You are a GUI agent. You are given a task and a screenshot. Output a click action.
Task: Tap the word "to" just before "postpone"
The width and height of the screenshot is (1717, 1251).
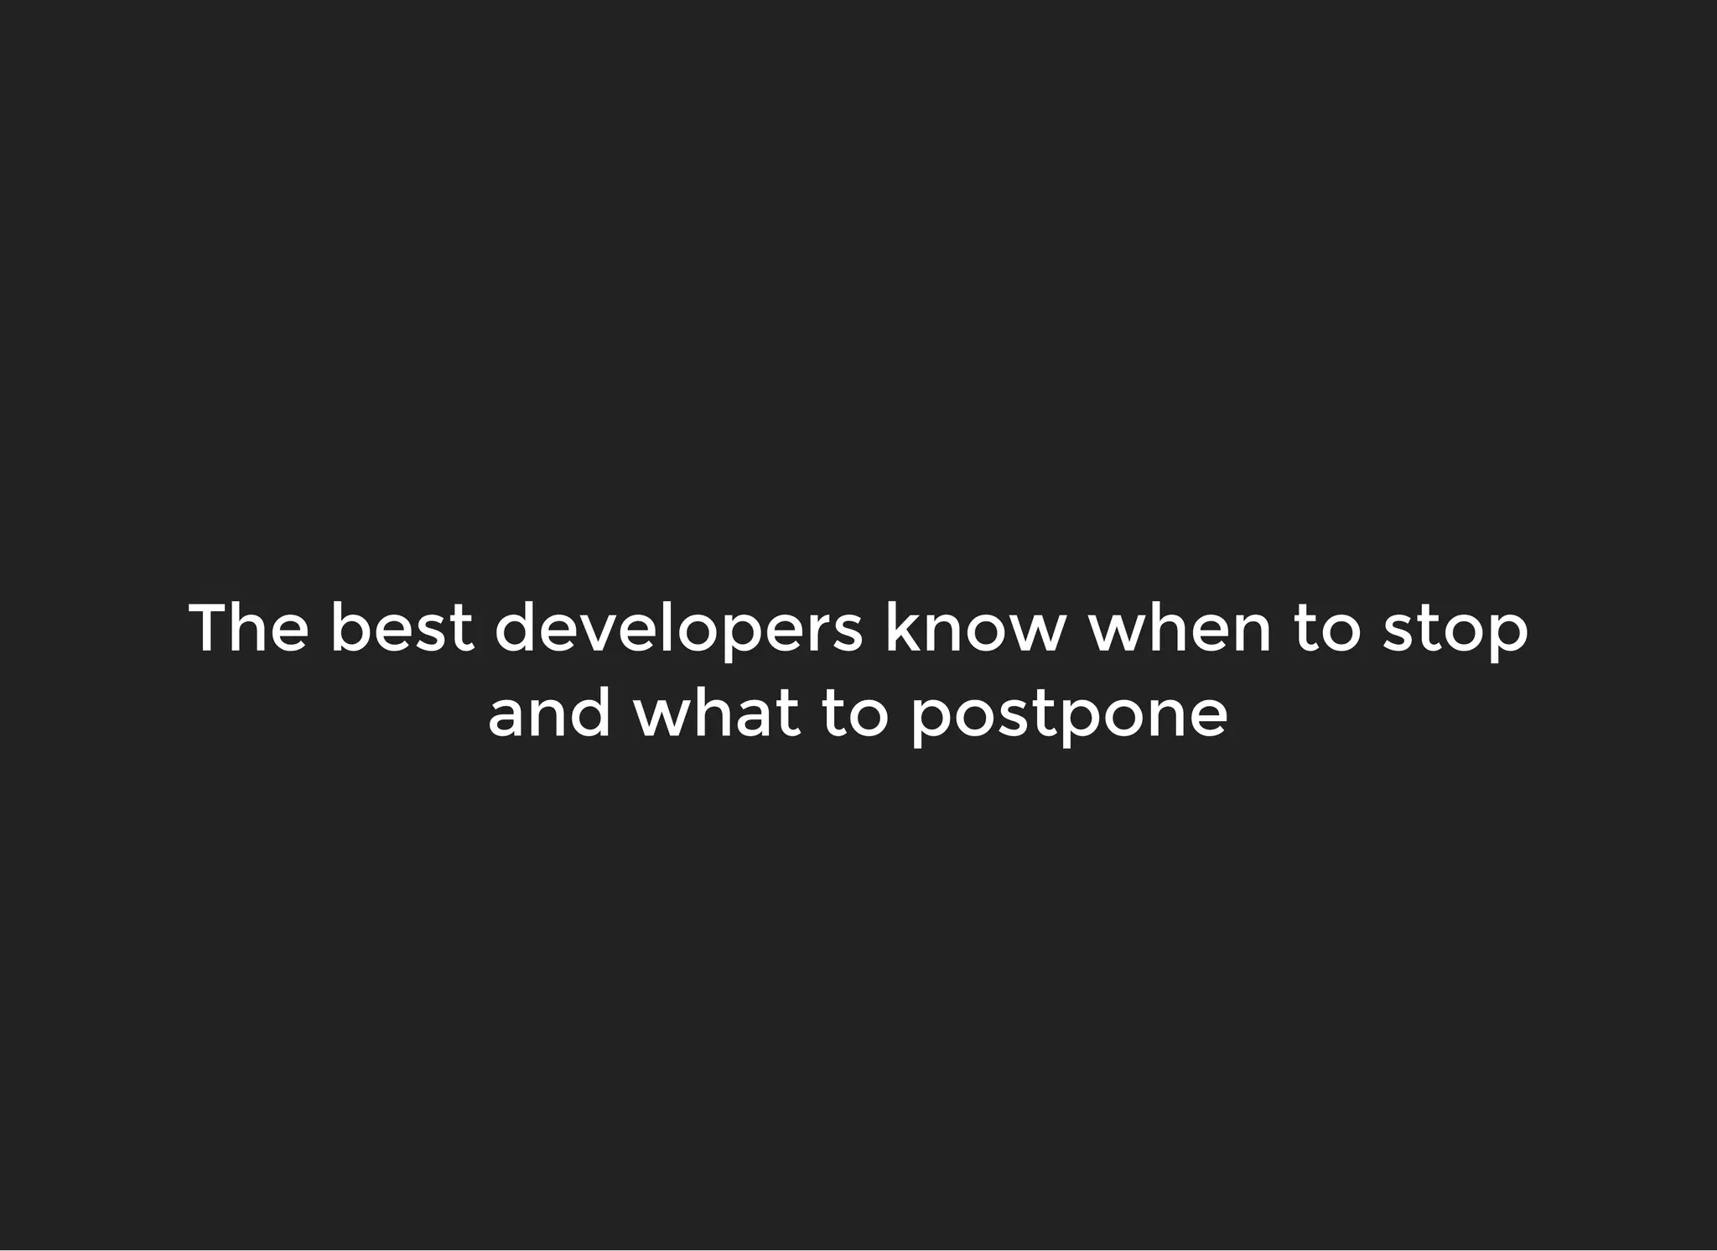(x=854, y=714)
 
